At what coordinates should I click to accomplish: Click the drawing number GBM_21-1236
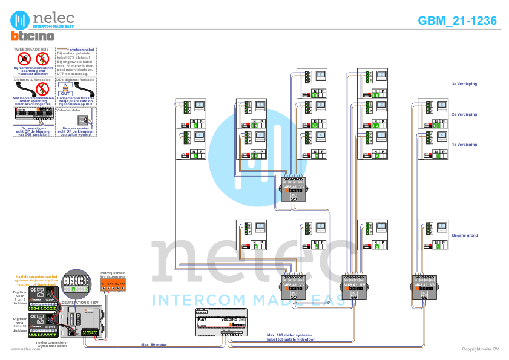[458, 21]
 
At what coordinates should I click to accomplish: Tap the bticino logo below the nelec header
[33, 36]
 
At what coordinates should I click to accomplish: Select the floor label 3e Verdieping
[464, 84]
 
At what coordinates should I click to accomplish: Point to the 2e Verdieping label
[464, 114]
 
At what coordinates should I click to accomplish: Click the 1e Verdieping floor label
[464, 145]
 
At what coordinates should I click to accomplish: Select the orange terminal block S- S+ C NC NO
[113, 283]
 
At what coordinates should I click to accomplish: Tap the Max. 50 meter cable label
[154, 344]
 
